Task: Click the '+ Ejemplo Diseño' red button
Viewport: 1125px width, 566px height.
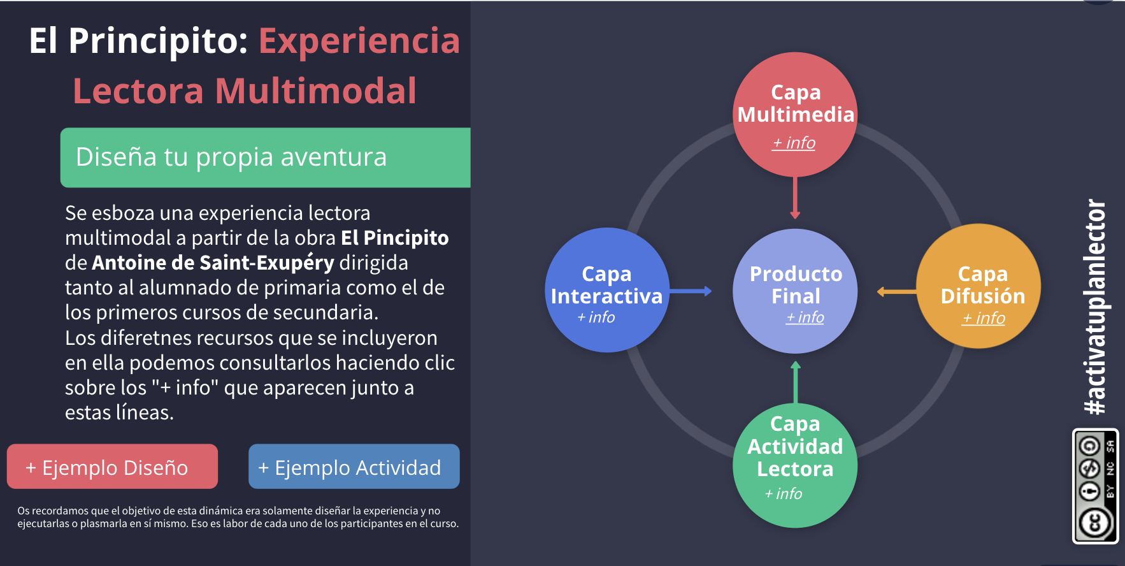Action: coord(112,467)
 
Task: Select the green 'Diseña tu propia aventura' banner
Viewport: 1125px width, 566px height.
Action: coord(265,157)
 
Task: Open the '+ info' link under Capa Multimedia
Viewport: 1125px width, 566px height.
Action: coord(794,143)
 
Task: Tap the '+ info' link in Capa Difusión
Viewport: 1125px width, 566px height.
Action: coord(984,318)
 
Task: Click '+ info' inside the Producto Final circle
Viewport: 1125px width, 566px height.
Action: coord(805,317)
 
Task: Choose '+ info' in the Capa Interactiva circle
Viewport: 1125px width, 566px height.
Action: coord(596,317)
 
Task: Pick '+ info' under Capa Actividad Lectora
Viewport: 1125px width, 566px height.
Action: coord(784,494)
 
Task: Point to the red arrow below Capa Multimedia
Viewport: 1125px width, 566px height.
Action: coord(795,198)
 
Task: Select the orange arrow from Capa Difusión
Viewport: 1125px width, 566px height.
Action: coord(897,292)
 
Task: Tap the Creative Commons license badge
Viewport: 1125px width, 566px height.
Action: coord(1096,486)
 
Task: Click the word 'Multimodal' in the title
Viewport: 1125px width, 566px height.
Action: coord(315,91)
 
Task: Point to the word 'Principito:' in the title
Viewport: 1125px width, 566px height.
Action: coord(158,41)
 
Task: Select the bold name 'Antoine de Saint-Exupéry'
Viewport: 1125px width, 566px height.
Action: coord(213,263)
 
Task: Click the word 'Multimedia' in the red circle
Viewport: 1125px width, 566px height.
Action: coord(796,115)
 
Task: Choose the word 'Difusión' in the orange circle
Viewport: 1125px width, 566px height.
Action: coord(982,296)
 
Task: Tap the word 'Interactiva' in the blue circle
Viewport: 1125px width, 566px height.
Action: coord(606,296)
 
